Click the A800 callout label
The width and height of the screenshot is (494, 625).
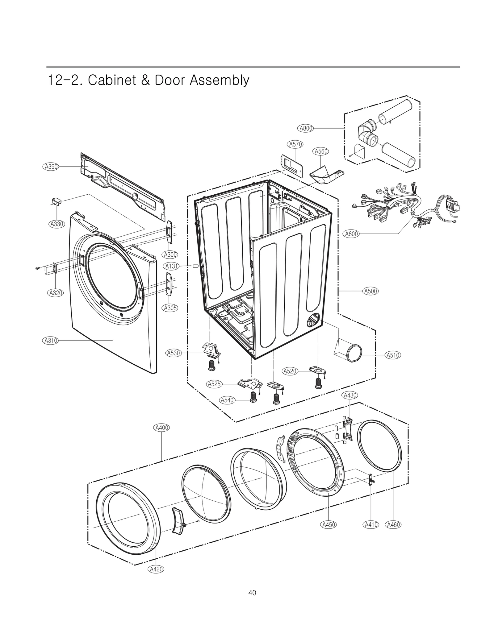(x=306, y=128)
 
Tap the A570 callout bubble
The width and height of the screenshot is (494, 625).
(x=295, y=144)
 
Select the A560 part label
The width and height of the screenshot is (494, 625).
(x=320, y=151)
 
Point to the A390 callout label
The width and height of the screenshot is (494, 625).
(x=50, y=167)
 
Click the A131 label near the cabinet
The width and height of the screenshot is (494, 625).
(x=171, y=266)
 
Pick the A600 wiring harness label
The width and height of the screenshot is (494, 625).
(x=351, y=234)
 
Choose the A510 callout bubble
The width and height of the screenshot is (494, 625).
(x=393, y=355)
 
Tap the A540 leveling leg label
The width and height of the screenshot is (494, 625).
(x=227, y=400)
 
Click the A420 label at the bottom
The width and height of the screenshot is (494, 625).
(x=156, y=569)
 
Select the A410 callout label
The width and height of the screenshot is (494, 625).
(x=371, y=524)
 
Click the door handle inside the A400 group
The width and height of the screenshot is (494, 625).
(x=178, y=520)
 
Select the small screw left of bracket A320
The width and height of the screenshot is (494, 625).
(x=38, y=268)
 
